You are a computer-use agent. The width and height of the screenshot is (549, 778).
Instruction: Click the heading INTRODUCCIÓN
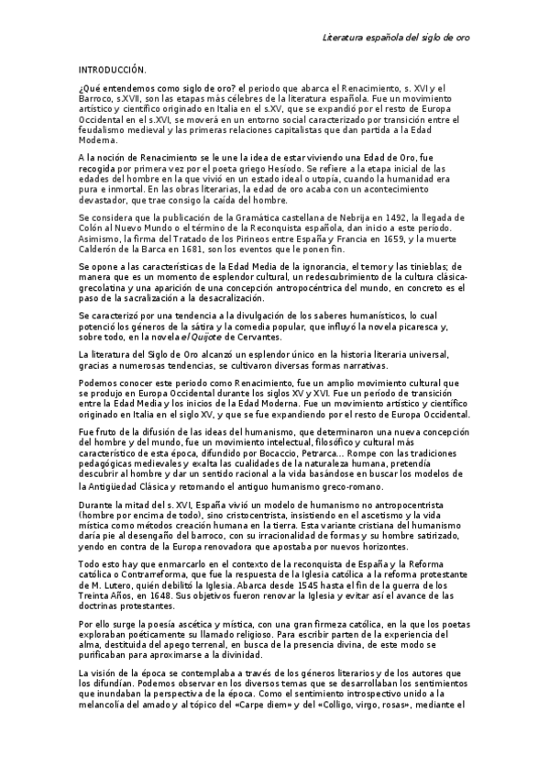(x=113, y=70)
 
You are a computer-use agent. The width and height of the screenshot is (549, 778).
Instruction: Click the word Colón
(x=92, y=226)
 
